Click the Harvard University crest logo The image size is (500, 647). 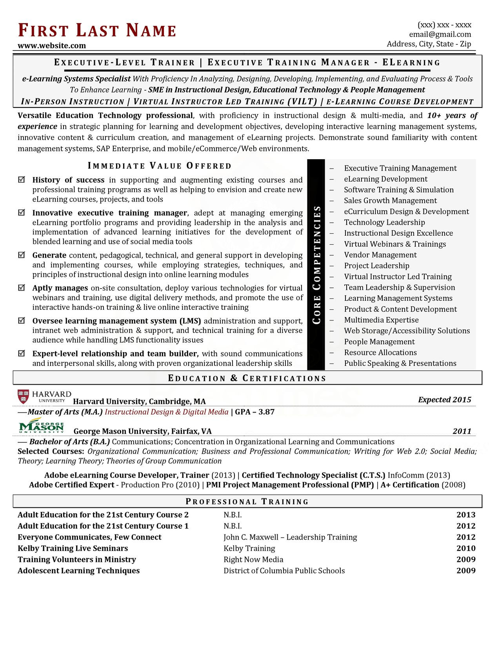click(x=24, y=396)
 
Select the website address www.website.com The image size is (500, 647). click(x=52, y=45)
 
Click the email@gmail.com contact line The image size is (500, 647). click(x=440, y=35)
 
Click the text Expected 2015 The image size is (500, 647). click(x=444, y=400)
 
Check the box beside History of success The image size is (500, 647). click(x=22, y=180)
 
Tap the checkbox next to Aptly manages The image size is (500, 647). click(x=22, y=287)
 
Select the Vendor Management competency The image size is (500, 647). click(x=380, y=255)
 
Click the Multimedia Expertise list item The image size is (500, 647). click(x=381, y=320)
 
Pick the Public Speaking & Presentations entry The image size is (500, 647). click(x=400, y=363)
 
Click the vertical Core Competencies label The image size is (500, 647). click(x=316, y=265)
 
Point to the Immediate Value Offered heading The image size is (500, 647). click(x=160, y=166)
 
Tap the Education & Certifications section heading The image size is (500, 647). click(x=247, y=378)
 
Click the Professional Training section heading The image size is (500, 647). click(x=247, y=502)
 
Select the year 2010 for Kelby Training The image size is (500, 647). click(x=466, y=548)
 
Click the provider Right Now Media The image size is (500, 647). click(x=253, y=560)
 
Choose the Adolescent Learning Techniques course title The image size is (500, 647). click(x=78, y=571)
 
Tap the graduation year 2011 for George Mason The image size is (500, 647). click(x=462, y=431)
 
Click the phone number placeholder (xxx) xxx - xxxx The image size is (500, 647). click(x=444, y=25)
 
